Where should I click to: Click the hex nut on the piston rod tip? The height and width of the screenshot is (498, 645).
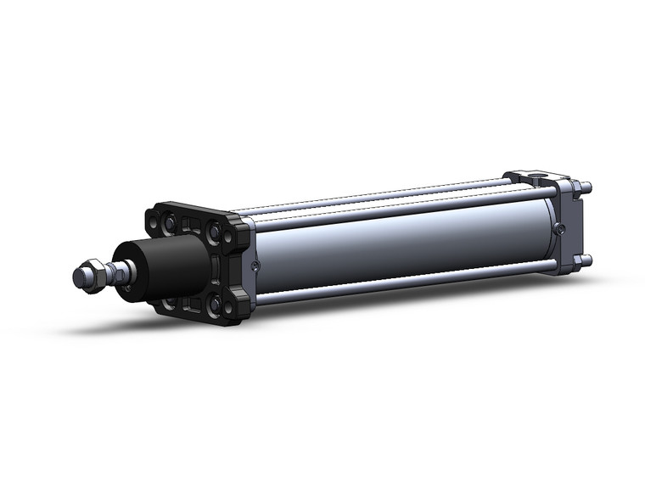pos(91,277)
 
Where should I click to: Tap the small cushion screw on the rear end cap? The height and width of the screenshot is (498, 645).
pos(558,227)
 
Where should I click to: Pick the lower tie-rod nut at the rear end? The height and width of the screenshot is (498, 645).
pos(586,260)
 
